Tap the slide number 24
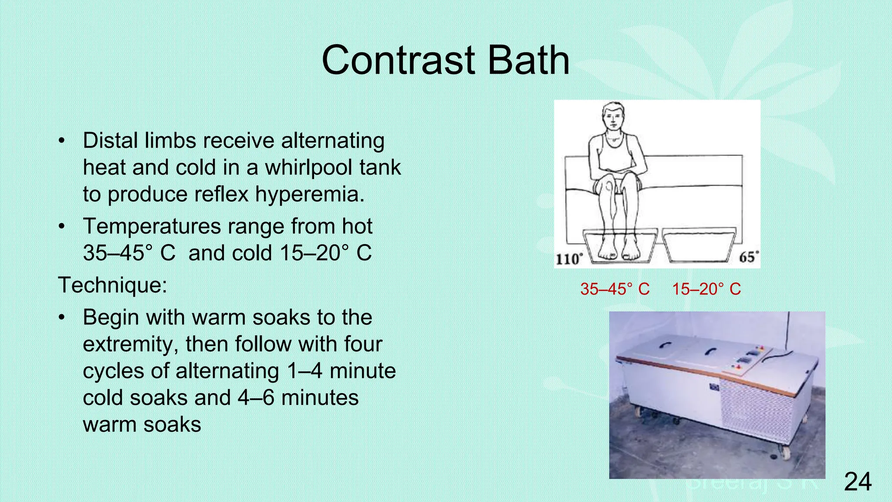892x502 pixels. click(858, 482)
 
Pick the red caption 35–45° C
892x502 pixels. click(615, 289)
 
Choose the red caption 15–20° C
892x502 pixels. click(706, 289)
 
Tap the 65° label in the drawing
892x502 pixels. click(749, 257)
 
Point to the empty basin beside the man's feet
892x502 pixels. click(699, 245)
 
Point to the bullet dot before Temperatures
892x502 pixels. click(62, 227)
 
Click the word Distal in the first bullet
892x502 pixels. click(111, 141)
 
